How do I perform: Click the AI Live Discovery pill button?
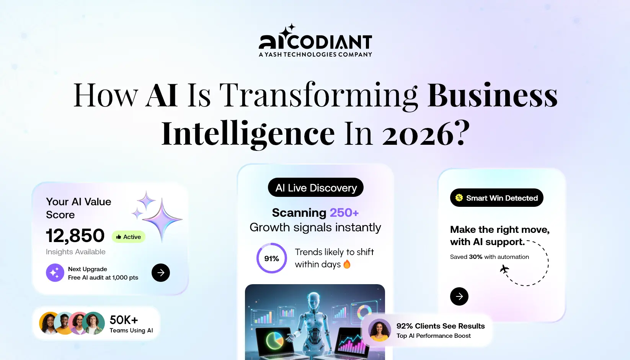[315, 188]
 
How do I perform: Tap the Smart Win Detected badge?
[496, 198]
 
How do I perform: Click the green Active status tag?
[129, 237]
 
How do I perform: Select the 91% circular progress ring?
[272, 259]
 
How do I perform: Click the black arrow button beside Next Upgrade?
[161, 273]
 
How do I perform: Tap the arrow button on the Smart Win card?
[459, 296]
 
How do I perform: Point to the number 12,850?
[75, 236]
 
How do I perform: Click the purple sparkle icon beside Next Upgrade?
[55, 273]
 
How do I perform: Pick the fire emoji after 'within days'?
[347, 264]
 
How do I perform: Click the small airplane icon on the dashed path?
[504, 269]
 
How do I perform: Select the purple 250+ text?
[344, 213]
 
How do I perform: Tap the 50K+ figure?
[124, 320]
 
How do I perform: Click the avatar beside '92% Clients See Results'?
[379, 330]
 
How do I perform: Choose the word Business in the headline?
[493, 95]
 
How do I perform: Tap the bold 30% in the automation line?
[475, 257]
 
